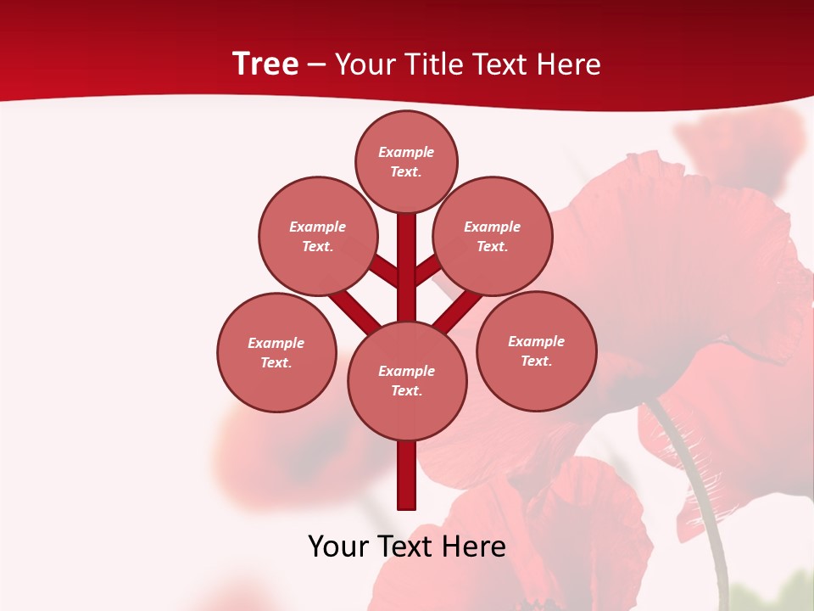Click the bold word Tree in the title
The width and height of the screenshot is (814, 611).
pos(265,64)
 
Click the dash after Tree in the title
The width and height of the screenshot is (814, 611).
pos(316,65)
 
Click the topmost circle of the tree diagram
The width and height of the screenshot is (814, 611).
pos(406,161)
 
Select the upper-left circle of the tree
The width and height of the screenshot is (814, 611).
pos(317,236)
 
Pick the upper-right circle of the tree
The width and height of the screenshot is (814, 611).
pos(493,236)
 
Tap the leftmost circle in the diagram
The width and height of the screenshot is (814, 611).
pos(276,352)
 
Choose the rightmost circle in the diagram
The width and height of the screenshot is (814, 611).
pos(536,350)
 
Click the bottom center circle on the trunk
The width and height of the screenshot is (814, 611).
pos(407,380)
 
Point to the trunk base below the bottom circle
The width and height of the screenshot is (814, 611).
pos(407,475)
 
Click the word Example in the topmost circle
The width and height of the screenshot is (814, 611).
pos(406,152)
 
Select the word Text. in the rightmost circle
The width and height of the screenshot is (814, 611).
pos(536,361)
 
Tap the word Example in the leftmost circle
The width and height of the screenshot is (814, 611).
pos(276,343)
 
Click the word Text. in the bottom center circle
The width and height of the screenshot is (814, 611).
pos(406,390)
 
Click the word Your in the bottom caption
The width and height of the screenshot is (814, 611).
pos(337,547)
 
